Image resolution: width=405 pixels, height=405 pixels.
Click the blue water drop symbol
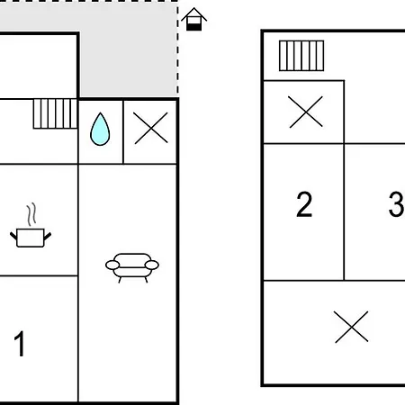pyautogui.click(x=100, y=130)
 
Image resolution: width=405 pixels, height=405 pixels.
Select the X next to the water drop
pyautogui.click(x=151, y=128)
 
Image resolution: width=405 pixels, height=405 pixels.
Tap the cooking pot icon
pyautogui.click(x=31, y=238)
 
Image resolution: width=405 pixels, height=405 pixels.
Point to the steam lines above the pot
pyautogui.click(x=31, y=214)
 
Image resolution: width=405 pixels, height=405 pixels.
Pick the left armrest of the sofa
pyautogui.click(x=112, y=265)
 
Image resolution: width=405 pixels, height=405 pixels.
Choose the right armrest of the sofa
pyautogui.click(x=152, y=265)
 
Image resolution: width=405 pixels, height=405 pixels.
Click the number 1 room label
pyautogui.click(x=20, y=344)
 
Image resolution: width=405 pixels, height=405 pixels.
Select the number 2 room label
pyautogui.click(x=304, y=204)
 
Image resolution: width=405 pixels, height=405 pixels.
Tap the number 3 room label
pyautogui.click(x=397, y=204)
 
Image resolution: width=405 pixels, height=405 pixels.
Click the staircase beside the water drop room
pyautogui.click(x=55, y=114)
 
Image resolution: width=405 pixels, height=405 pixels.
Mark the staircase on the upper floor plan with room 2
pyautogui.click(x=301, y=56)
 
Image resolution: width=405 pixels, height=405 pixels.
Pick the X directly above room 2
pyautogui.click(x=306, y=112)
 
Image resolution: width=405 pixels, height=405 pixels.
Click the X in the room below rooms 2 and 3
pyautogui.click(x=351, y=327)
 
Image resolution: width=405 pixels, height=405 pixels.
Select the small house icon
pyautogui.click(x=194, y=19)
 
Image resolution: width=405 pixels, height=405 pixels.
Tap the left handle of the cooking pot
pyautogui.click(x=13, y=236)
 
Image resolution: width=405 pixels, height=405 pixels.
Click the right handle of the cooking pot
pyautogui.click(x=48, y=236)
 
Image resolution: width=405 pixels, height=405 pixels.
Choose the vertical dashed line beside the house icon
pyautogui.click(x=177, y=49)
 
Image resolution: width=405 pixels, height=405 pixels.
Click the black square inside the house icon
pyautogui.click(x=194, y=27)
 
